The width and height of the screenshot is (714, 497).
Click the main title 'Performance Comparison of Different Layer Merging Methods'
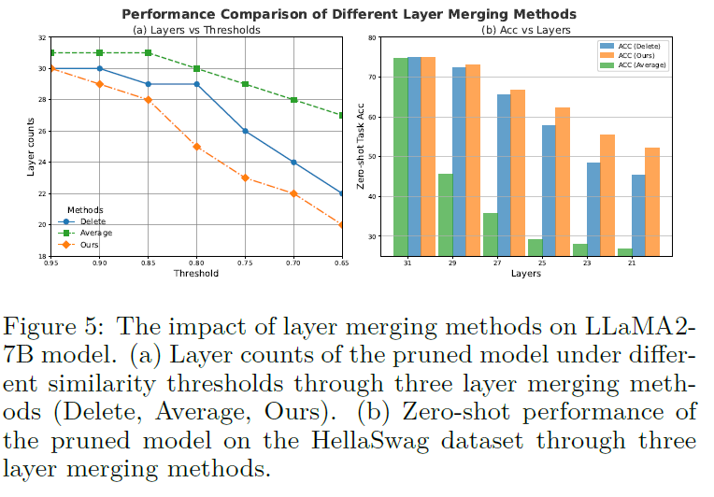coord(357,13)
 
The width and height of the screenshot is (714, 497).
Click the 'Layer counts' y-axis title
coord(30,146)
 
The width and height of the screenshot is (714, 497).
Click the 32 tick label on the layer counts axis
coord(41,37)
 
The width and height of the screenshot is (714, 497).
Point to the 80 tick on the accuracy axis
coord(373,37)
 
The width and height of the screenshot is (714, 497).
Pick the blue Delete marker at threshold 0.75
coord(244,131)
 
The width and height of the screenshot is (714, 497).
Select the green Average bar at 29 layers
coord(445,214)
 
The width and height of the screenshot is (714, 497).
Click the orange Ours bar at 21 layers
coord(652,201)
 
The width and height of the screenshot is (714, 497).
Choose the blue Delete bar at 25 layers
coord(549,191)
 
